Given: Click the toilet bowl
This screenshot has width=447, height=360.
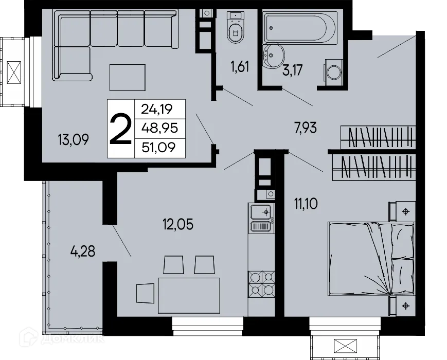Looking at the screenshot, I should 236,31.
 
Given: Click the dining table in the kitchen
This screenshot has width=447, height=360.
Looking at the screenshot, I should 188,295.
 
